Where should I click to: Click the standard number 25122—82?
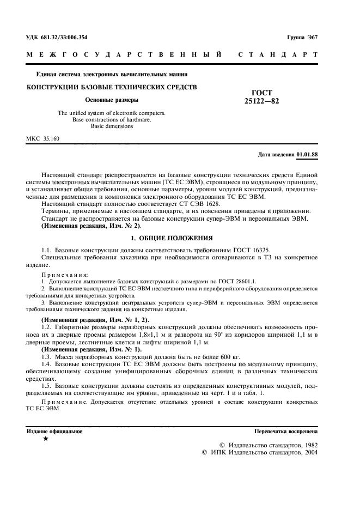tap(262, 101)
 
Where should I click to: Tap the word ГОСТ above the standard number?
tap(262, 93)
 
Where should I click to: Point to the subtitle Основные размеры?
tap(112, 100)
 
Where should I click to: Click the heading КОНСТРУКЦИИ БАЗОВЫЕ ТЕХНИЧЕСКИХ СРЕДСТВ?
tap(112, 87)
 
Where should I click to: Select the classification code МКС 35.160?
tap(43, 139)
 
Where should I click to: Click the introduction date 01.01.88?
tap(308, 154)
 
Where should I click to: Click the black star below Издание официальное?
tap(46, 439)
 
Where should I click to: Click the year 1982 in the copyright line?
tap(308, 445)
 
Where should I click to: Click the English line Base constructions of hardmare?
tap(112, 119)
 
